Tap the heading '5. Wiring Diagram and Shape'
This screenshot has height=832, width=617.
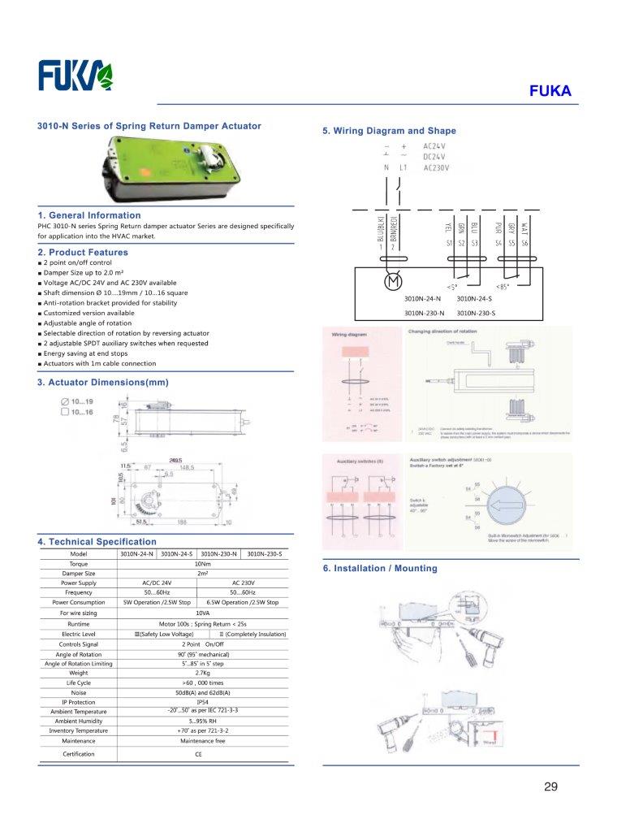[389, 131]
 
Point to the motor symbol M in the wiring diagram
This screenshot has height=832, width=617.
[392, 282]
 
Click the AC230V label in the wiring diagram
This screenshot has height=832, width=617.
[437, 167]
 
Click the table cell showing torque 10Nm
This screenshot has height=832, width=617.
[202, 562]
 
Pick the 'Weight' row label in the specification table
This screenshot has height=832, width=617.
[79, 673]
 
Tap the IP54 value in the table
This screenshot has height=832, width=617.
[202, 701]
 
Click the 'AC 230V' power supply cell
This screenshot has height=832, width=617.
[243, 583]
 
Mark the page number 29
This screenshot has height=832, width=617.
[551, 786]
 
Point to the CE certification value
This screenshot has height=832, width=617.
[199, 755]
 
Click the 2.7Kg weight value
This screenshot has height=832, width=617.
[202, 673]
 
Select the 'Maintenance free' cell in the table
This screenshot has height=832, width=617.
[202, 740]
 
